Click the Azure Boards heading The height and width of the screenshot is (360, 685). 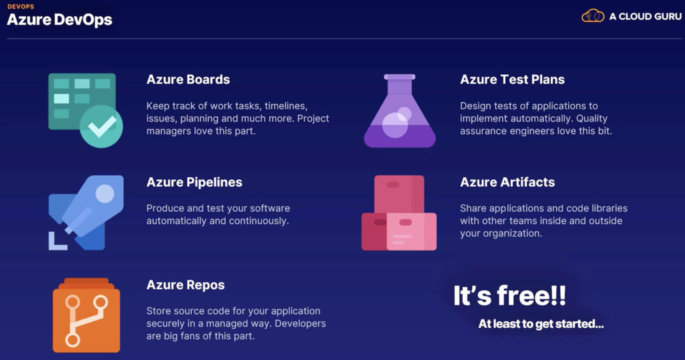tap(188, 79)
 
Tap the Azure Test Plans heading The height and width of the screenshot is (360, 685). tap(512, 79)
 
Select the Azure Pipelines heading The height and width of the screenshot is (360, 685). tap(194, 182)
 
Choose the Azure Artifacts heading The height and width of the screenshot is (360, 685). tap(507, 182)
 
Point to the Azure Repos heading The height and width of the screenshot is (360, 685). tap(185, 285)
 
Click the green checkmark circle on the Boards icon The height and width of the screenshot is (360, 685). tap(101, 126)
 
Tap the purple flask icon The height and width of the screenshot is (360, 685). tap(399, 110)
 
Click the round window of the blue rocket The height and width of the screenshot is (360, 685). tap(105, 193)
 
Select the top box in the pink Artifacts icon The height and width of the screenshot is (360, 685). tap(399, 194)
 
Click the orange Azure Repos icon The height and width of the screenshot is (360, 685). tap(86, 315)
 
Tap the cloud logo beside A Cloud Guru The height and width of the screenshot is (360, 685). tap(592, 15)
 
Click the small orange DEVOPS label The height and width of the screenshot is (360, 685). tap(20, 6)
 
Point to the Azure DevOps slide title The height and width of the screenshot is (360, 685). tap(59, 19)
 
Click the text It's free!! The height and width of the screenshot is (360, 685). tap(509, 295)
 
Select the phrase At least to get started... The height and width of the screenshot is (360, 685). tap(541, 323)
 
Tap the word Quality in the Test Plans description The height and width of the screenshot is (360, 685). tap(591, 118)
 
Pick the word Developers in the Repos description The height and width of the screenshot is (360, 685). tap(300, 323)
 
